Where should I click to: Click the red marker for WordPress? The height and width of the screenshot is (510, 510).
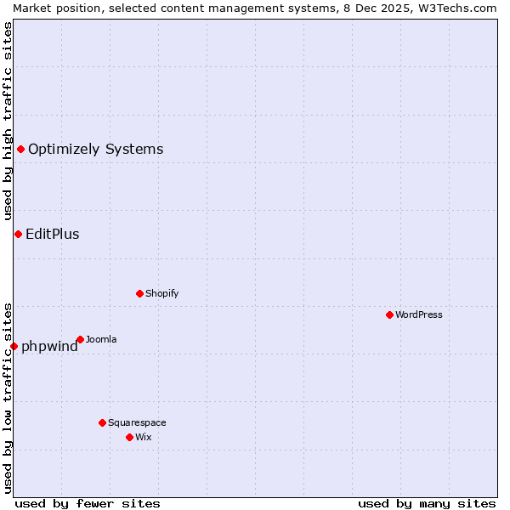point(389,314)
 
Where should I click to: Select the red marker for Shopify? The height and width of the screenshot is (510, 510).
point(139,293)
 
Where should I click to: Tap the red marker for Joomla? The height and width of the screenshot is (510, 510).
point(80,339)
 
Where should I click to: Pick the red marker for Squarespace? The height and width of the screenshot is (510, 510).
point(102,422)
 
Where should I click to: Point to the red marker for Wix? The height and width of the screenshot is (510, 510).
point(129,437)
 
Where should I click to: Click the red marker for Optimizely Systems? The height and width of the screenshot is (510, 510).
point(20,150)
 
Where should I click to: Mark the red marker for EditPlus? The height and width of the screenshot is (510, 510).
point(18,234)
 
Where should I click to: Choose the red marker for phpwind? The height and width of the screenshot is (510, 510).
point(14,346)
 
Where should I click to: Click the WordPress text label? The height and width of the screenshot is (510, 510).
point(419,314)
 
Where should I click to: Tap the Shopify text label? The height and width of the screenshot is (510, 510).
point(161,293)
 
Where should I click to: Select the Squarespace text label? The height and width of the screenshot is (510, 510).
point(137,422)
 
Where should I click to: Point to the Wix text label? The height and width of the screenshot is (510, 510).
point(144,437)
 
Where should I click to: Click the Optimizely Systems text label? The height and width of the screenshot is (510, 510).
point(95,150)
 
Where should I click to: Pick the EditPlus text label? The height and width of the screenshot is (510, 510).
point(53,235)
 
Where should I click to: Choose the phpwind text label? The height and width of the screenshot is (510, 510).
point(49,347)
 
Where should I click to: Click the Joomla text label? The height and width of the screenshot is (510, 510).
point(101,339)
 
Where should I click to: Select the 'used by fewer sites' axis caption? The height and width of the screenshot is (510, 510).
point(88,503)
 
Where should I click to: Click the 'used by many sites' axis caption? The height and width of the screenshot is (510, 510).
point(427,503)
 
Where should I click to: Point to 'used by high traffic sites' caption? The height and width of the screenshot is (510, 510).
point(8,121)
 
